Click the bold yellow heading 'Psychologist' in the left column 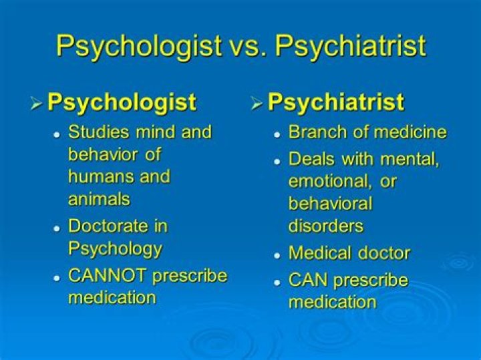[122, 102]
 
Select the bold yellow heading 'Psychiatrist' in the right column [335, 102]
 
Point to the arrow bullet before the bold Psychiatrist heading [257, 104]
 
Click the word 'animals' [99, 198]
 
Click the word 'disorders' [326, 226]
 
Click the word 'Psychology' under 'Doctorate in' [115, 248]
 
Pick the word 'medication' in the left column [112, 297]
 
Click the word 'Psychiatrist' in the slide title [351, 46]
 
